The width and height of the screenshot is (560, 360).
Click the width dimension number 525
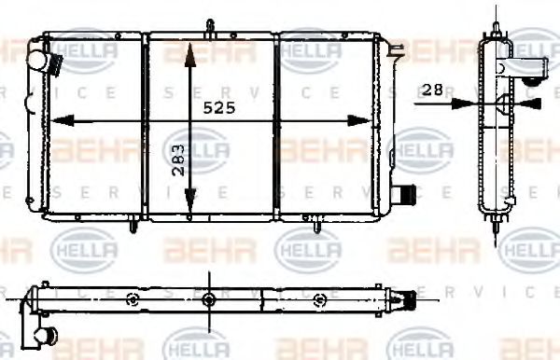[x=220, y=107]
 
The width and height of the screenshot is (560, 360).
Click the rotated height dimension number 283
[x=178, y=160]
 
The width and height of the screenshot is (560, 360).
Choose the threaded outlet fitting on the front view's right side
[x=403, y=196]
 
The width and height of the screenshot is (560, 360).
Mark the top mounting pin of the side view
[x=491, y=23]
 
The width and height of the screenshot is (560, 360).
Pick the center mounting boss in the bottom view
[x=209, y=299]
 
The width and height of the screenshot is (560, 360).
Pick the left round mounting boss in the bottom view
[x=133, y=299]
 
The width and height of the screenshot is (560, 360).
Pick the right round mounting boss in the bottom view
[x=321, y=299]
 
